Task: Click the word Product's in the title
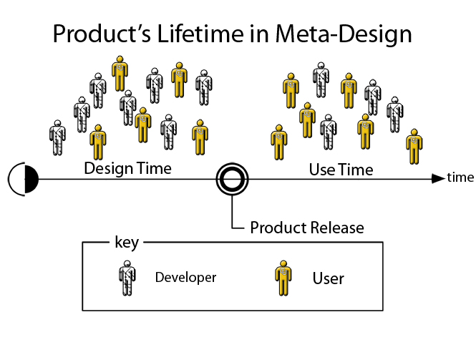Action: coord(102,34)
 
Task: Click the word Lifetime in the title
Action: coord(200,34)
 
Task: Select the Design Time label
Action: coord(128,168)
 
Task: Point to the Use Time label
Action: coord(341,170)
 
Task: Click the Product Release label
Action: coord(307,228)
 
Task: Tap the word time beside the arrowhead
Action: coord(460,177)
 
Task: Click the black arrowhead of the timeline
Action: coord(438,179)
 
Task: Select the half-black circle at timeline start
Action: coord(23,179)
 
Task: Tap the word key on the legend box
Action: coord(127,243)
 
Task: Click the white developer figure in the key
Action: coord(127,278)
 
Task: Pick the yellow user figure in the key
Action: coord(283,278)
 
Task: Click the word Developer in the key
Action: coord(185,278)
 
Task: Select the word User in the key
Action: coord(328,278)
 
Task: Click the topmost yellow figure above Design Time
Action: coord(120,74)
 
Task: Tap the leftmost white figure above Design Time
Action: coord(57,138)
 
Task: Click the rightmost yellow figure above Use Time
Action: coord(414,147)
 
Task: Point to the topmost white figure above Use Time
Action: coord(321,80)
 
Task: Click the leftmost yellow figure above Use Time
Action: coord(278,142)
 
